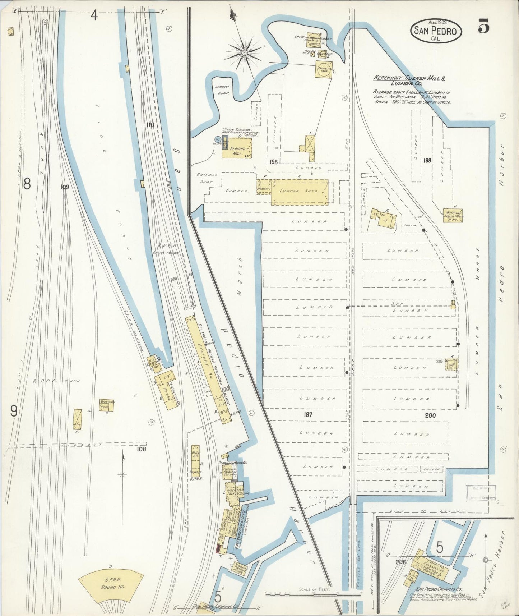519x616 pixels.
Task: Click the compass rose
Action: point(244,52)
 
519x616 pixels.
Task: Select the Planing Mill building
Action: point(237,148)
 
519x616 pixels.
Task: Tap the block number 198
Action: point(273,162)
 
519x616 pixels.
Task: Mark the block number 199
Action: point(427,160)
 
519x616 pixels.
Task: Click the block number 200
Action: point(430,415)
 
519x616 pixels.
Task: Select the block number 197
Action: point(307,414)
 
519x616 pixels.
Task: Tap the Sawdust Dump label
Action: point(222,89)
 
